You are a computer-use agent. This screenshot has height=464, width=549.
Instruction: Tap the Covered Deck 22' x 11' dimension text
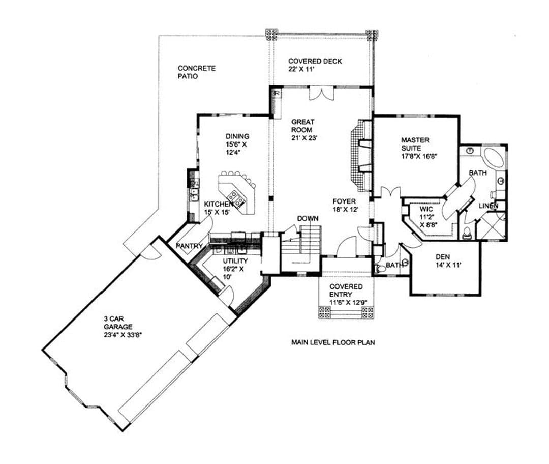[x=301, y=69]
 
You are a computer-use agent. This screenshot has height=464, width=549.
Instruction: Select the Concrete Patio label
[x=196, y=72]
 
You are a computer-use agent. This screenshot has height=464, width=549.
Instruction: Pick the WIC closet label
[x=426, y=209]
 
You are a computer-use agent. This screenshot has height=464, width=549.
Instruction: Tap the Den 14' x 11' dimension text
[x=448, y=265]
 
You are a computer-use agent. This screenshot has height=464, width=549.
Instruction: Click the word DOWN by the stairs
[x=308, y=219]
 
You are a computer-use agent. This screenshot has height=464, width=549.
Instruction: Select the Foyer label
[x=344, y=201]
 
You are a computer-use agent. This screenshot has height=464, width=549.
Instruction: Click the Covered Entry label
[x=346, y=291]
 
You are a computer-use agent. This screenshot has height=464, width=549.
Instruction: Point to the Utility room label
[x=235, y=261]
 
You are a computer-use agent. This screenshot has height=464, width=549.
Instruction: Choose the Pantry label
[x=189, y=246]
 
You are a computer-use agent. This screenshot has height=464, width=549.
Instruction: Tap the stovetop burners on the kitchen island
[x=236, y=198]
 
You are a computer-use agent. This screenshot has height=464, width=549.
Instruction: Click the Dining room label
[x=237, y=136]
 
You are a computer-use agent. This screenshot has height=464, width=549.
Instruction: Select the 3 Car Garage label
[x=118, y=323]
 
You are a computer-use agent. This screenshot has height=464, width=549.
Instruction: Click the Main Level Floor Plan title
[x=333, y=342]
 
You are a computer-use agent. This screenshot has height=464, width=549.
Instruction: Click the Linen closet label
[x=489, y=206]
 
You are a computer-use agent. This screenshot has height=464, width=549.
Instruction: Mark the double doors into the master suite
[x=390, y=192]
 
